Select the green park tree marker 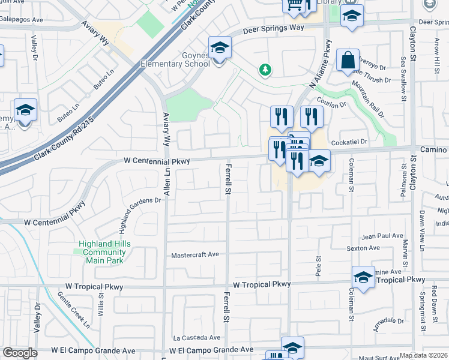(265, 70)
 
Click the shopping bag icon (348, 61)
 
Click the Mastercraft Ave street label (195, 254)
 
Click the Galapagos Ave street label (22, 20)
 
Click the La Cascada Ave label (194, 338)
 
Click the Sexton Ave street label (363, 248)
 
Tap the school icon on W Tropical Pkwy (363, 278)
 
